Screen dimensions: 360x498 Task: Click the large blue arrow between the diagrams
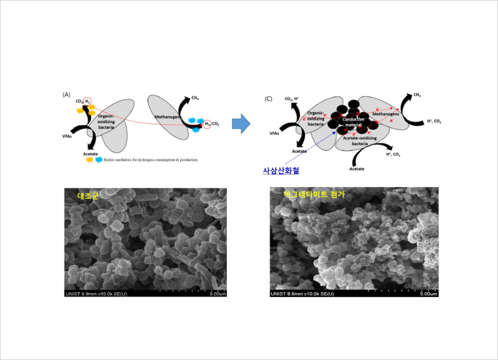pyautogui.click(x=241, y=125)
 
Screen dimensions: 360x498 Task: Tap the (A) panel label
pyautogui.click(x=66, y=95)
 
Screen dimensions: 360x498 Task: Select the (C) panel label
pyautogui.click(x=268, y=99)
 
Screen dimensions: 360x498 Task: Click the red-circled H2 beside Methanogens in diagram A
pyautogui.click(x=207, y=124)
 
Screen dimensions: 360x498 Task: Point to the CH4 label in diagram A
pyautogui.click(x=195, y=99)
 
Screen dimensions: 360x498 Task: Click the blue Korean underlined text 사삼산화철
pyautogui.click(x=281, y=171)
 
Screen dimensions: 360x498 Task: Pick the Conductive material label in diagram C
pyautogui.click(x=353, y=122)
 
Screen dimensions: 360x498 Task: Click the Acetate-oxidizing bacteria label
pyautogui.click(x=360, y=141)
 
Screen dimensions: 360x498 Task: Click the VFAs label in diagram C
pyautogui.click(x=274, y=133)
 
